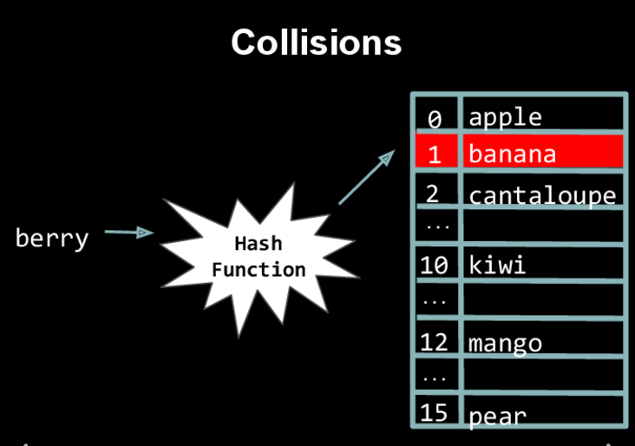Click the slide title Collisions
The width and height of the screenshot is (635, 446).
(x=317, y=43)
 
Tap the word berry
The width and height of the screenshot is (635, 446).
(x=52, y=238)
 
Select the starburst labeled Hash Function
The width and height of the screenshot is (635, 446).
(x=259, y=257)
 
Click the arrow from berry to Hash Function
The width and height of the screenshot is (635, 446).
(x=128, y=232)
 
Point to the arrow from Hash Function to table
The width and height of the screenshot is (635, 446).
(x=366, y=178)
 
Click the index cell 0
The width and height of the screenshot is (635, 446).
(x=435, y=117)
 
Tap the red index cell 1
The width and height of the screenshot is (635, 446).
(x=435, y=154)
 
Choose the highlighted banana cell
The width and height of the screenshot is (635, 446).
(x=542, y=153)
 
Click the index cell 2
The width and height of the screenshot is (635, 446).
(x=433, y=193)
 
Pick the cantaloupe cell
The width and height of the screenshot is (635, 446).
(x=542, y=194)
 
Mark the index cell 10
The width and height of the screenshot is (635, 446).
(x=434, y=265)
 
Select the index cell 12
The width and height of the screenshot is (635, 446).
(x=434, y=341)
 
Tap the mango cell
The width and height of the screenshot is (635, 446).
(x=505, y=343)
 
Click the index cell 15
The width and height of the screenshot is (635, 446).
(x=434, y=411)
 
